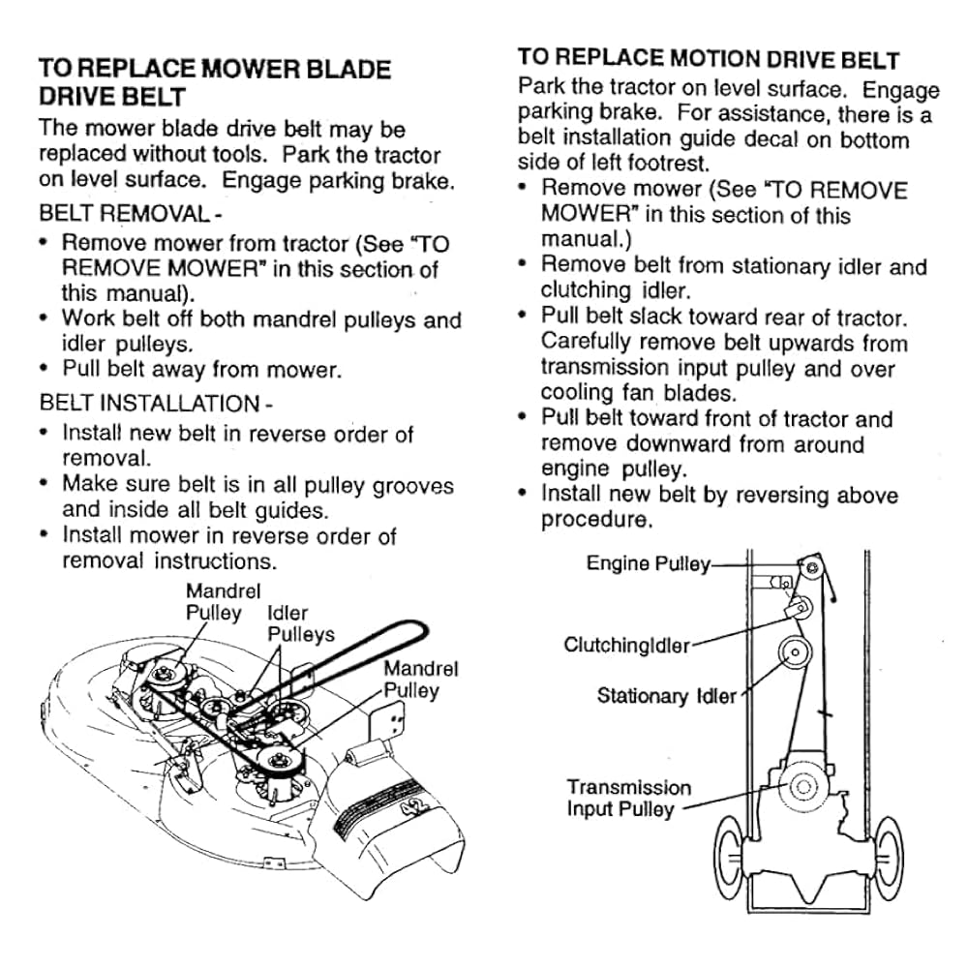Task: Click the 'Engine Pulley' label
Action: point(649,563)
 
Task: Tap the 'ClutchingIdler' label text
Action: point(626,645)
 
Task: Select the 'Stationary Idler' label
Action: point(667,696)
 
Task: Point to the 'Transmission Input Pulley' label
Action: point(629,798)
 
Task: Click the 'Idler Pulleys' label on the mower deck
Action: point(301,623)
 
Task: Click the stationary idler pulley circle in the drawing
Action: point(795,651)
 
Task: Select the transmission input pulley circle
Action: point(803,786)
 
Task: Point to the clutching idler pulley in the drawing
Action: point(799,608)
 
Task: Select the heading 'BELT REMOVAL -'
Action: point(131,214)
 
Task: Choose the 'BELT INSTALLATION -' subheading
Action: point(156,403)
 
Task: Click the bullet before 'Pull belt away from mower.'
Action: point(44,369)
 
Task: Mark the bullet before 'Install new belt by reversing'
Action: point(523,494)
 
